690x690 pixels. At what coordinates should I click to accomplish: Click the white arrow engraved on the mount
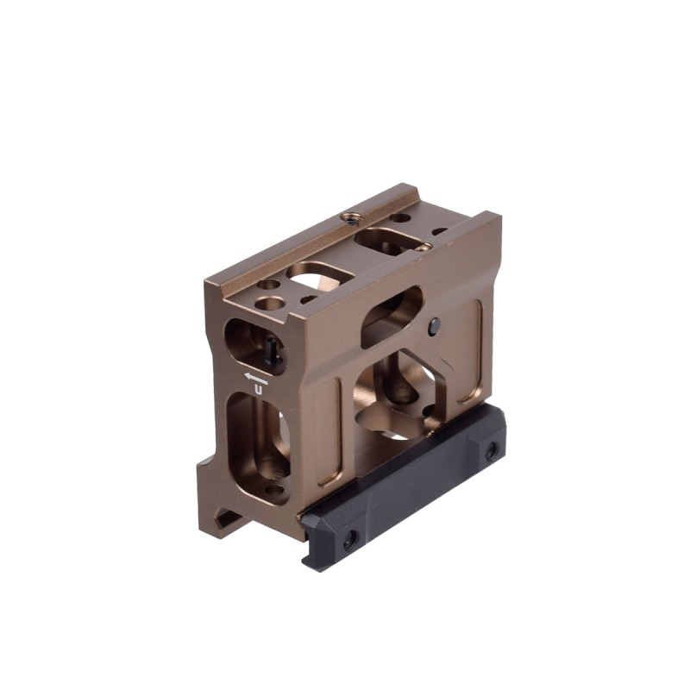[x=256, y=379]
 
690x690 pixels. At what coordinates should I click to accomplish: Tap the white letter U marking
[x=260, y=391]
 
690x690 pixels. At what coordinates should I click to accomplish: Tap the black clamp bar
[x=403, y=488]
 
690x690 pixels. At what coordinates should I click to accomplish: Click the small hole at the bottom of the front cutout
[x=275, y=489]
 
